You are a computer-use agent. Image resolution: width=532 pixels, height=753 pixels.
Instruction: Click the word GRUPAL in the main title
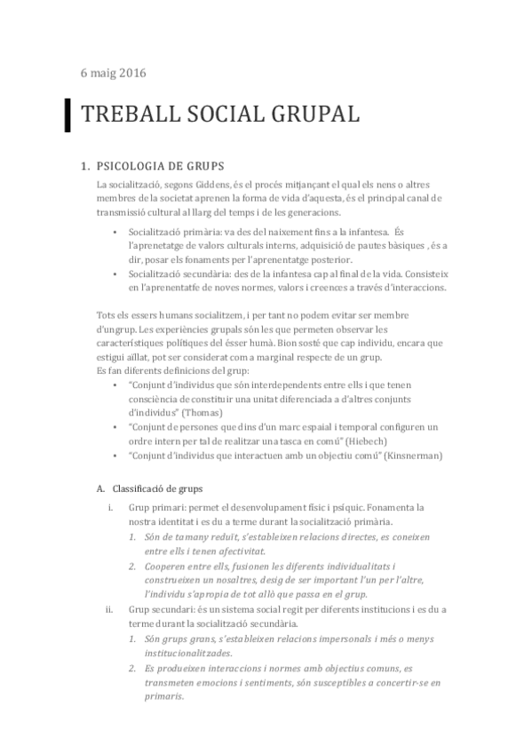coord(310,115)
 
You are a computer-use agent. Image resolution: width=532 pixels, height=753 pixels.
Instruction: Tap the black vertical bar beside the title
coord(68,115)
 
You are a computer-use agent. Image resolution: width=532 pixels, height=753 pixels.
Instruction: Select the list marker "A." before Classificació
coord(99,487)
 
